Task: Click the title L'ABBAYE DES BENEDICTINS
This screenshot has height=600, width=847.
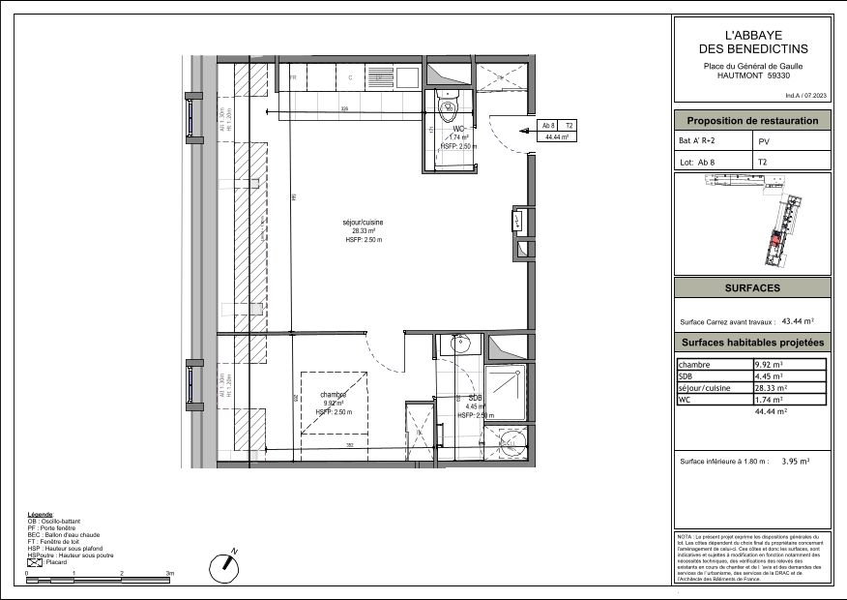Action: pyautogui.click(x=752, y=41)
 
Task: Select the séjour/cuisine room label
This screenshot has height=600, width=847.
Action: pyautogui.click(x=364, y=224)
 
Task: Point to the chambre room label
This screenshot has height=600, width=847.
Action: pyautogui.click(x=335, y=395)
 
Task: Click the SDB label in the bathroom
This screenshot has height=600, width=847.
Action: pyautogui.click(x=475, y=398)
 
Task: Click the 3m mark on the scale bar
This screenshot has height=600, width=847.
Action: pyautogui.click(x=170, y=574)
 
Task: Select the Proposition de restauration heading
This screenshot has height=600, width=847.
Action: pyautogui.click(x=751, y=121)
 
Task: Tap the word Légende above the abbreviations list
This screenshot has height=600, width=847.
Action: pyautogui.click(x=41, y=514)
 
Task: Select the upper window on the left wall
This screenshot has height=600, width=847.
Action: pyautogui.click(x=190, y=118)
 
